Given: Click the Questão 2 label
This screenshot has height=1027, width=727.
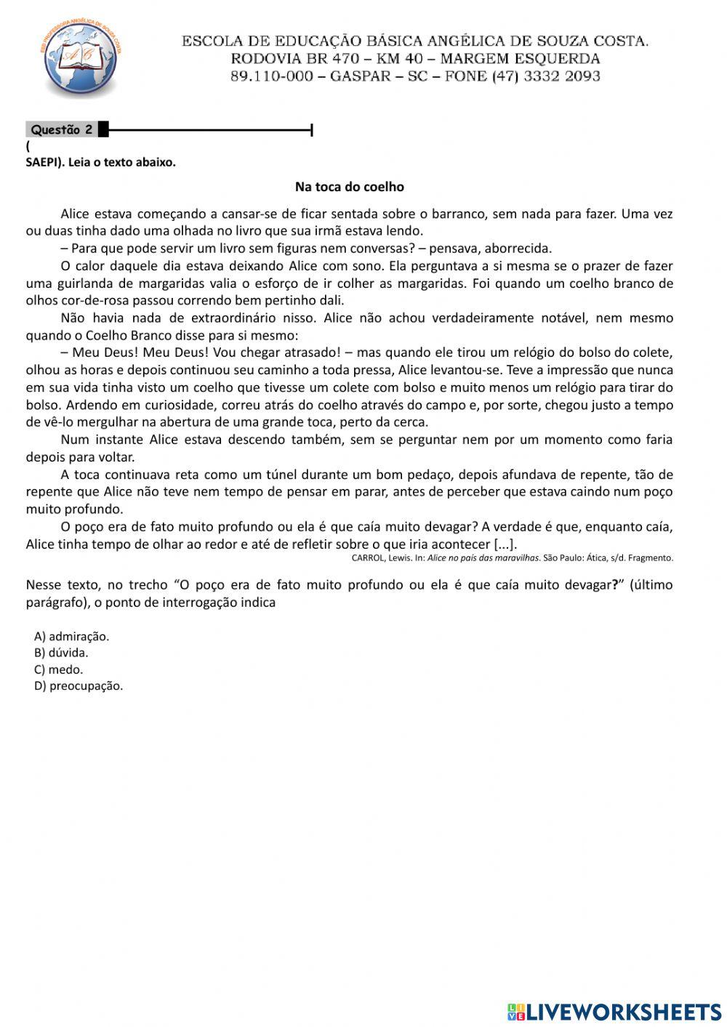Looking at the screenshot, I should tap(62, 130).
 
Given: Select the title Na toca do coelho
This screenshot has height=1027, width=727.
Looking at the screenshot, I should tap(349, 187).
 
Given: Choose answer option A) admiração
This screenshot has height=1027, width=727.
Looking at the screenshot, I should tap(71, 637).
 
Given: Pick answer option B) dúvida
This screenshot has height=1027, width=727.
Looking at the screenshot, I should tap(61, 653).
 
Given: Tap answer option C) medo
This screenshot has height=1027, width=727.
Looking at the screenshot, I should tap(58, 669).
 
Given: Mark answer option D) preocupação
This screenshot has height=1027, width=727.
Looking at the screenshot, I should tap(79, 686).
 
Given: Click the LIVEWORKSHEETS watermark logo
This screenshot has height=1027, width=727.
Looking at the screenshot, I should tap(614, 1012).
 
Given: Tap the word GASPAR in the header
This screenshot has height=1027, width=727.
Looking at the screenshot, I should tap(360, 76).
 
